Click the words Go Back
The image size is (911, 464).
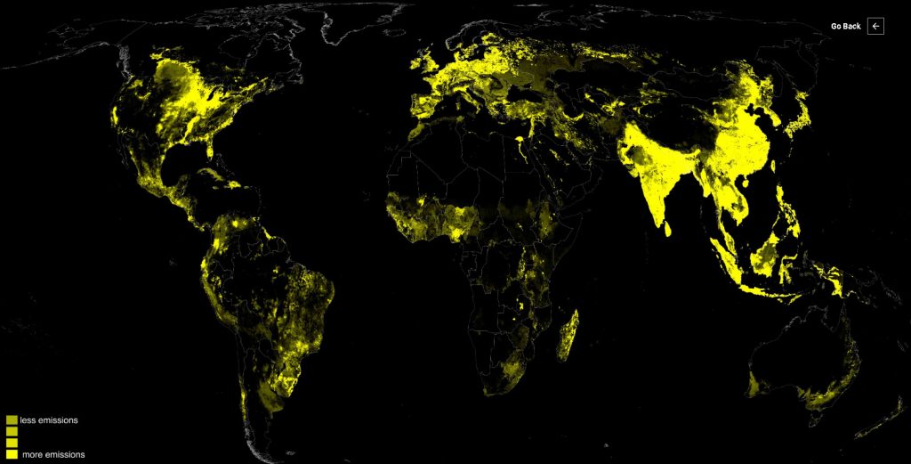click(x=845, y=27)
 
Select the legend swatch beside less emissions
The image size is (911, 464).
click(x=12, y=419)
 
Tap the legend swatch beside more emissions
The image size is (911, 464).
click(x=12, y=454)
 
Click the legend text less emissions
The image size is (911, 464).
click(x=49, y=419)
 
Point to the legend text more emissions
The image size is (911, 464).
click(x=52, y=454)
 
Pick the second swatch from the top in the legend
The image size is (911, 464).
click(x=12, y=431)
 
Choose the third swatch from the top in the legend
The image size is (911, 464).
click(x=12, y=443)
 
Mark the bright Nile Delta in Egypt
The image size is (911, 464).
click(x=520, y=140)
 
